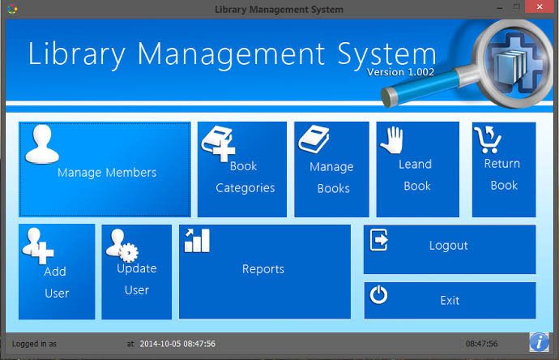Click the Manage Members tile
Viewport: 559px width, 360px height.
(x=105, y=169)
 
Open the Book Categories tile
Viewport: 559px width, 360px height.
(x=242, y=169)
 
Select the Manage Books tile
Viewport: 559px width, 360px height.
(x=331, y=169)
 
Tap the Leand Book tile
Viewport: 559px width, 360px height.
(x=417, y=169)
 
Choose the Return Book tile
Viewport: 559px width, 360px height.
(x=504, y=169)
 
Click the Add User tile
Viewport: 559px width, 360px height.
(x=57, y=272)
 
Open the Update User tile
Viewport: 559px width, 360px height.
(x=137, y=272)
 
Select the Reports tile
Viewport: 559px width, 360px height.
(x=265, y=272)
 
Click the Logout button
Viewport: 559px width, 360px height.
(x=450, y=249)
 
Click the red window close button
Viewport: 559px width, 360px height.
(x=540, y=6)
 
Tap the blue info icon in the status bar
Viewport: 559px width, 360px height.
(x=539, y=342)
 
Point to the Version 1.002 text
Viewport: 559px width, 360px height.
(x=400, y=72)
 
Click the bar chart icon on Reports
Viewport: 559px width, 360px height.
(x=197, y=241)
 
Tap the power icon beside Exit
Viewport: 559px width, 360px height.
(x=378, y=294)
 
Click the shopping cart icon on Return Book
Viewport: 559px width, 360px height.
(x=488, y=139)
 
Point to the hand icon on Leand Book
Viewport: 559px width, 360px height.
(x=392, y=140)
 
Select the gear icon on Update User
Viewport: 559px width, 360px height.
(x=128, y=253)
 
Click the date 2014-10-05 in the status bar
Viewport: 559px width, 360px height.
(x=160, y=344)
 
